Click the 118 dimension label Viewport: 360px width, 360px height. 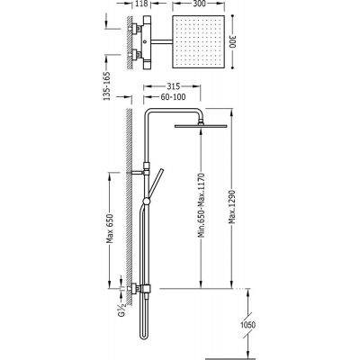coord(141,4)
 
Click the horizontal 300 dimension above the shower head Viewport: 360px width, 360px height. coord(198,4)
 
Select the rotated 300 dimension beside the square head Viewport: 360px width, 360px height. coord(234,41)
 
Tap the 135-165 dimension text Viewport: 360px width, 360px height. coord(107,85)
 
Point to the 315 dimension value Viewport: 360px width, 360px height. coord(173,86)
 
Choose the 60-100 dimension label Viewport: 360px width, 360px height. coord(173,97)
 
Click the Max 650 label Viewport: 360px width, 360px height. coord(110,229)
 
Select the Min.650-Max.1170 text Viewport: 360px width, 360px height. coord(202,205)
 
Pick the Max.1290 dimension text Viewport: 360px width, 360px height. coord(231,206)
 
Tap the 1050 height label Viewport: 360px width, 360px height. coord(248,325)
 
